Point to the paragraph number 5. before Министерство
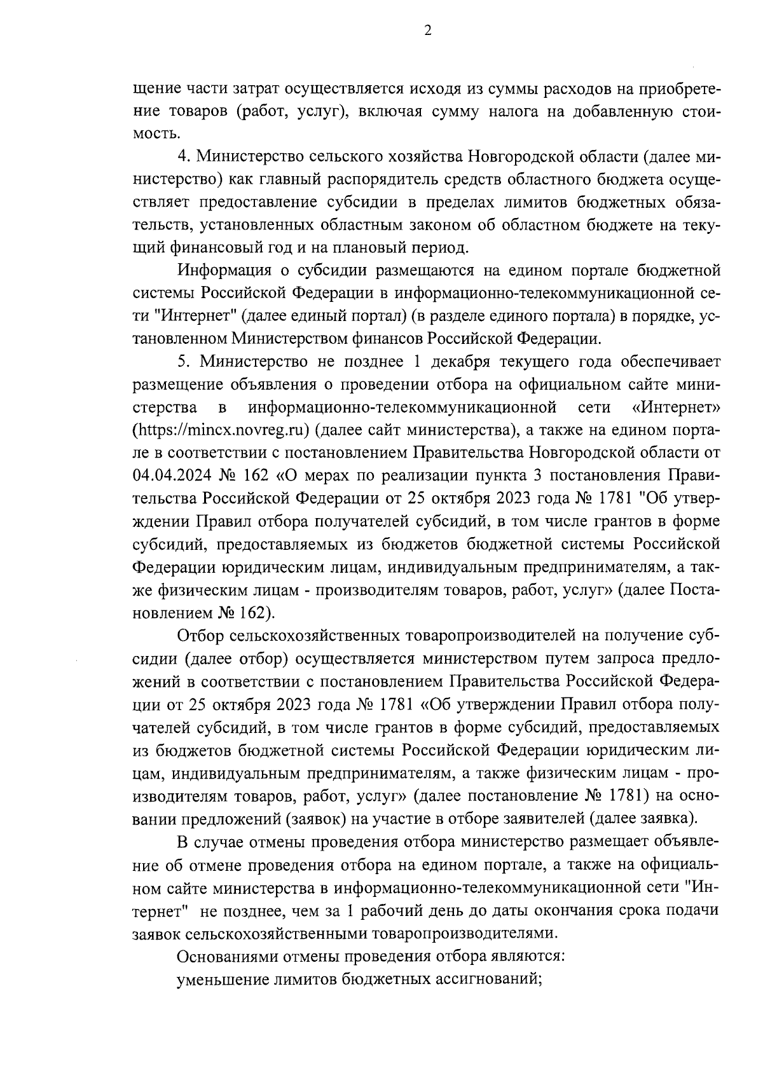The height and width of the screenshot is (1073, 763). (184, 362)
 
